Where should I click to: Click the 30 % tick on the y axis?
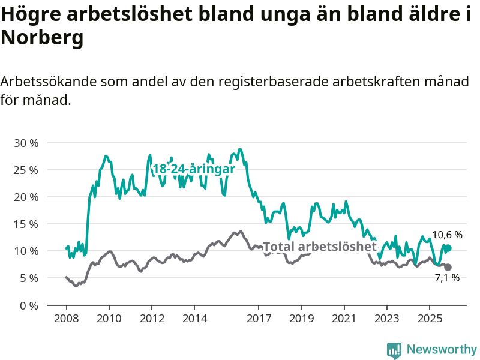(x=26, y=143)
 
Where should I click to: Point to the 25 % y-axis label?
(x=26, y=170)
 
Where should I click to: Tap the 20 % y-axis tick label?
(x=26, y=197)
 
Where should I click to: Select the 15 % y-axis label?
(x=26, y=224)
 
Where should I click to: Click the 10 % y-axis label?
(x=26, y=251)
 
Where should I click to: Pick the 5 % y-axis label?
(x=29, y=278)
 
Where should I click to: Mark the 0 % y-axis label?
(x=29, y=305)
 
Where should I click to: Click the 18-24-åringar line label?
(x=193, y=169)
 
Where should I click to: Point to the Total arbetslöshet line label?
(x=320, y=247)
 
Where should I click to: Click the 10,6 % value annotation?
(x=448, y=235)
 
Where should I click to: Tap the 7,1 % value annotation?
(x=447, y=278)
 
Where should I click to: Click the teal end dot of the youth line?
(x=448, y=248)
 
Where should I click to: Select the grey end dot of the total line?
(x=448, y=267)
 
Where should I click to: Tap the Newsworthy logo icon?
(x=394, y=349)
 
